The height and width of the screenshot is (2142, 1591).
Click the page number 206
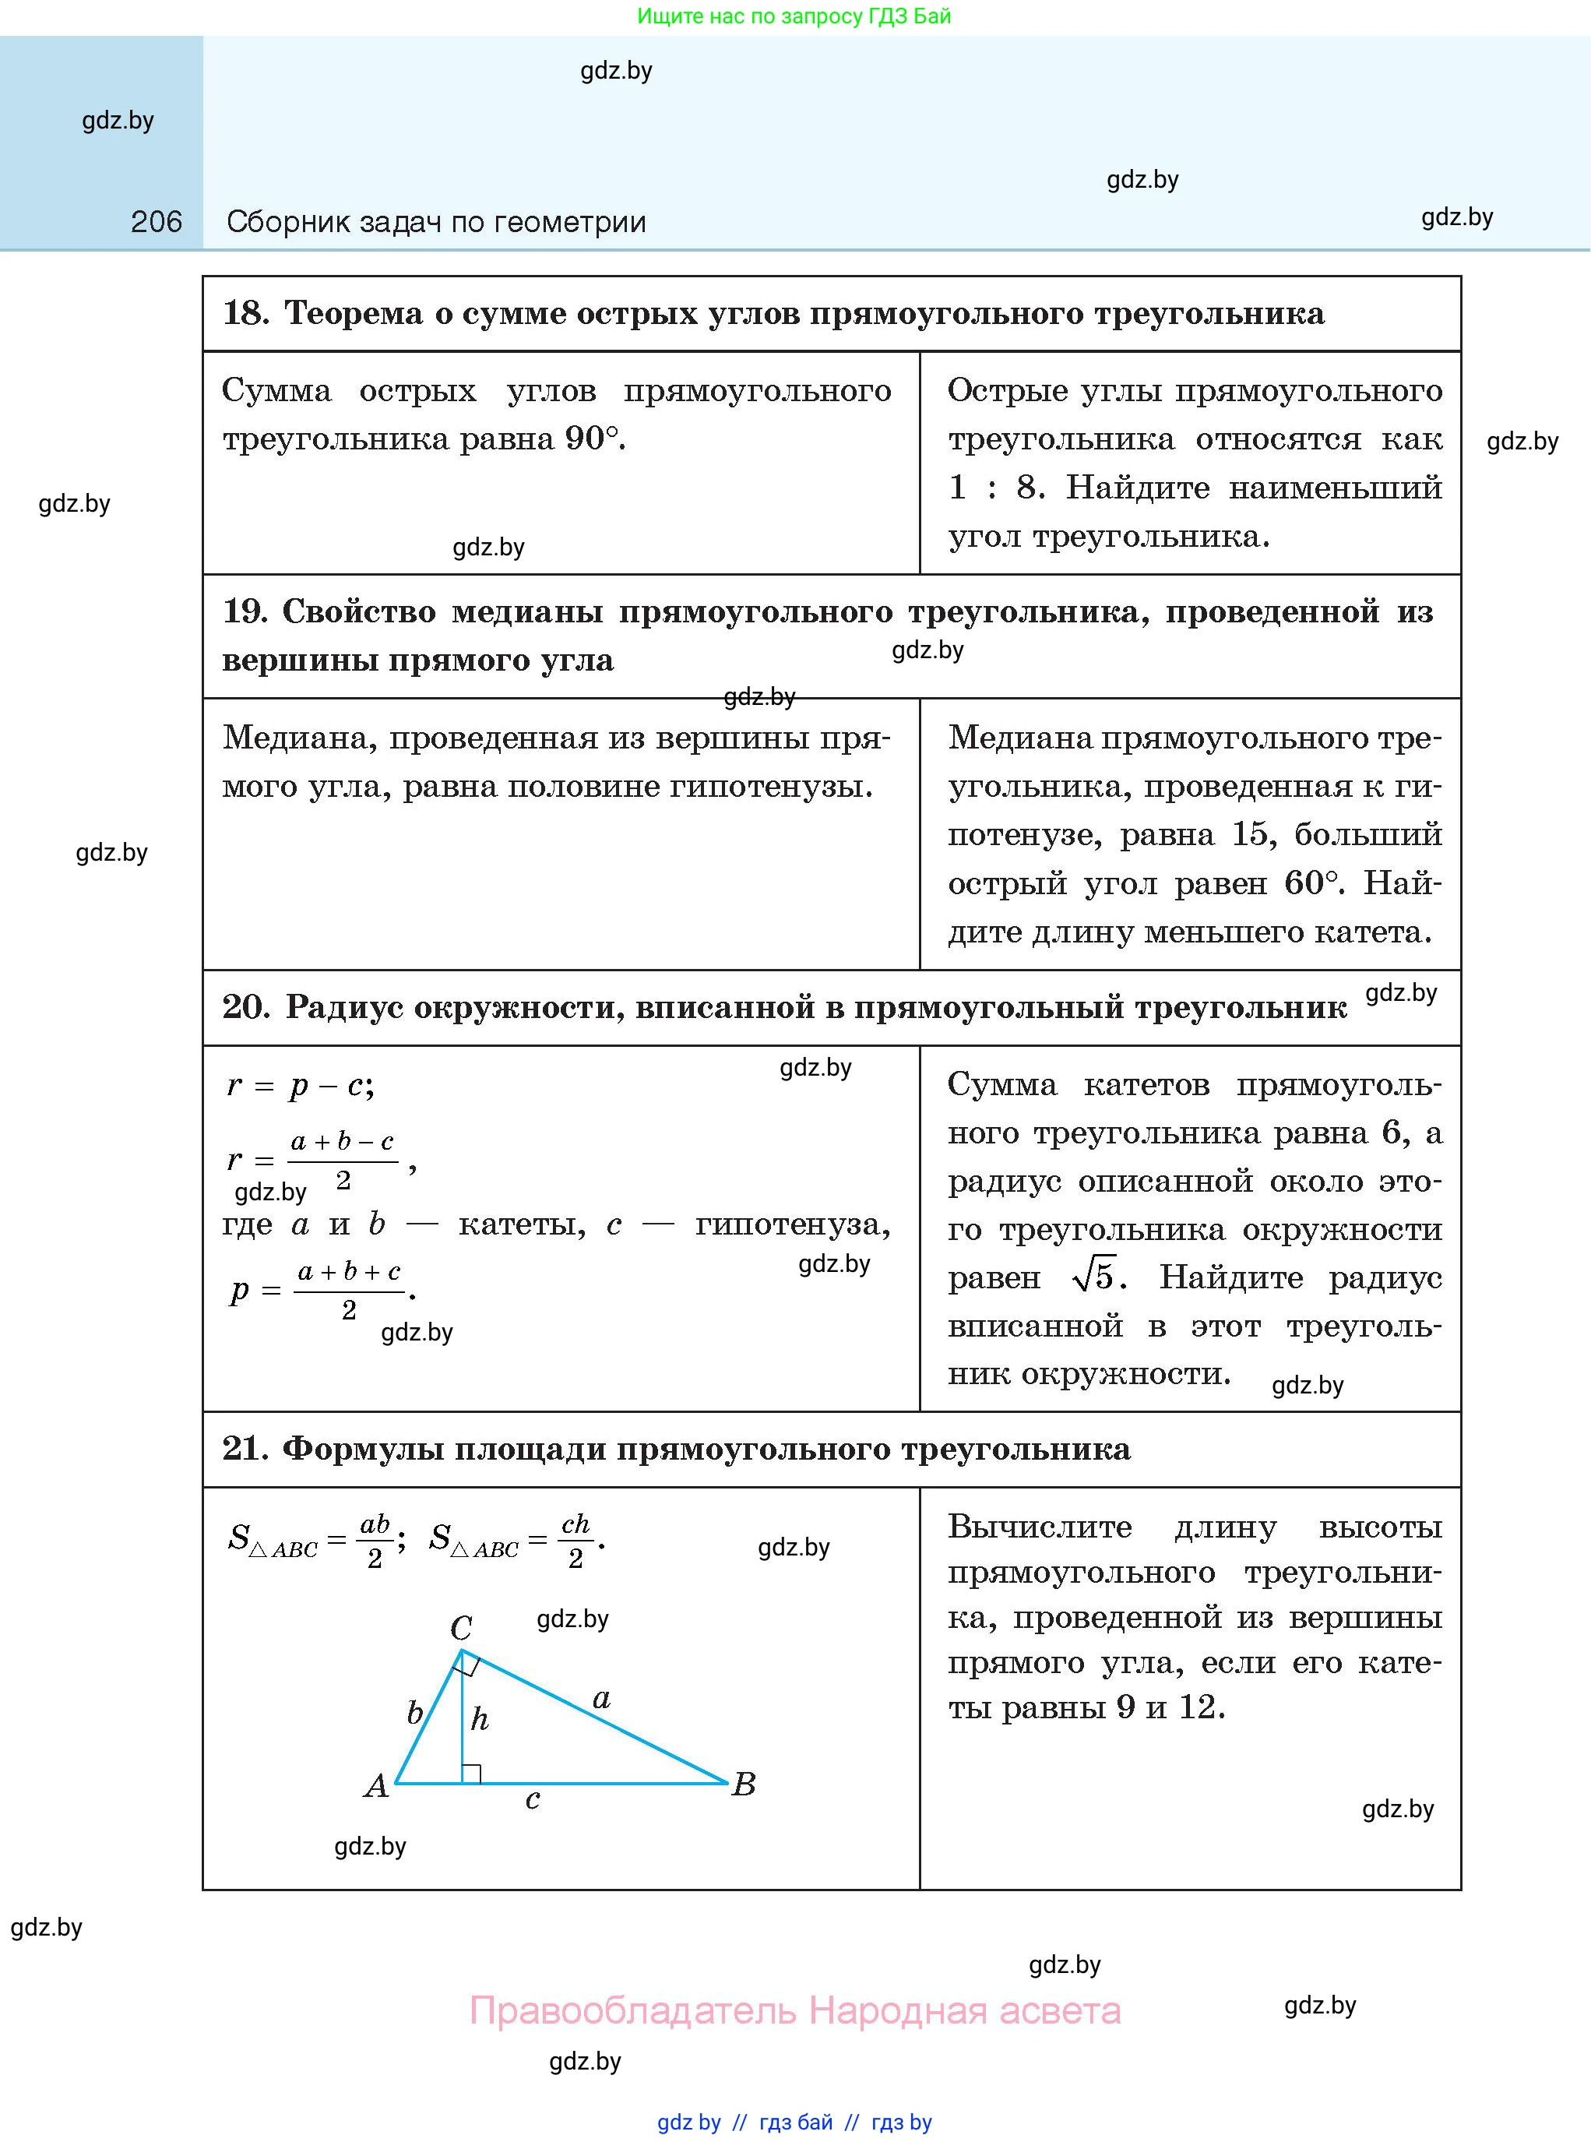tap(156, 223)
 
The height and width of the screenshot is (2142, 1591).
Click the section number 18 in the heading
tap(245, 313)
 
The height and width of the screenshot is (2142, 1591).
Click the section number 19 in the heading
tap(245, 611)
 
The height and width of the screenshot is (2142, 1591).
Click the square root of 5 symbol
tap(1094, 1278)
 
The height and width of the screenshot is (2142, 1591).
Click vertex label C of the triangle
tap(461, 1629)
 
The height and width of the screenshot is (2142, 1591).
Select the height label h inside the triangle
tap(480, 1720)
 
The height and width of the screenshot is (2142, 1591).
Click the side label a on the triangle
tap(602, 1699)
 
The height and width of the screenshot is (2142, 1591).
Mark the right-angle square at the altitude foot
tap(472, 1773)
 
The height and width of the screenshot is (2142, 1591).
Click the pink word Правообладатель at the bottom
tap(633, 2011)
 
